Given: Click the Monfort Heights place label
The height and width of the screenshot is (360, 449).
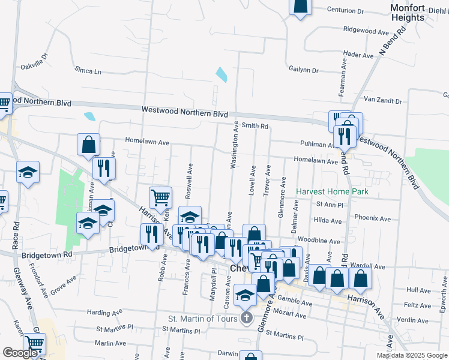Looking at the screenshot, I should [x=408, y=13].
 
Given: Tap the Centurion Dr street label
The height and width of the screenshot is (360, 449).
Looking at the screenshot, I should [x=345, y=10].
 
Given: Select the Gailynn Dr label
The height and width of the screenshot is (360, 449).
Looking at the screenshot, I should [x=303, y=70].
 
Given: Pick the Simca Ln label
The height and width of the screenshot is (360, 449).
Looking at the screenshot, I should [x=88, y=71].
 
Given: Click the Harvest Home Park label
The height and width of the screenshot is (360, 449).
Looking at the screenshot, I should [x=332, y=192].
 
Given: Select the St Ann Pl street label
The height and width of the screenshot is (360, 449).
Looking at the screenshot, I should [x=328, y=205].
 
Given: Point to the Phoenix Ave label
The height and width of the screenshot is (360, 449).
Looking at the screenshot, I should [x=373, y=218].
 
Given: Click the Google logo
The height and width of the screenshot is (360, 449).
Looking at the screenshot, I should [x=20, y=353].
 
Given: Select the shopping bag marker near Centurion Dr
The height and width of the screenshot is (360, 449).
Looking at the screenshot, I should [x=301, y=5].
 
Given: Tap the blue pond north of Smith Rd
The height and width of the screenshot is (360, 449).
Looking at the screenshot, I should [x=221, y=75].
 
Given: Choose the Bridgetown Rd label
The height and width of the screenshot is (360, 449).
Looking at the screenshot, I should [x=47, y=254].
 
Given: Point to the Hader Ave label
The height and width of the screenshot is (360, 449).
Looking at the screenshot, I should [x=359, y=55].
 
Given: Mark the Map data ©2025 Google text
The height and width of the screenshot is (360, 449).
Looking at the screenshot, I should [x=411, y=355].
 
